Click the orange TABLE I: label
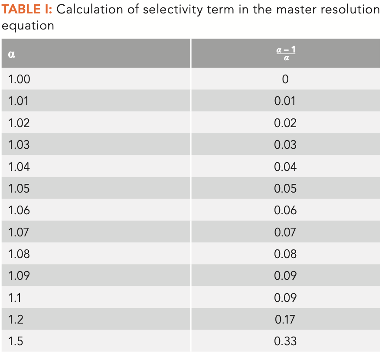click(x=27, y=10)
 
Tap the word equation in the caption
click(x=28, y=26)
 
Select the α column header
click(x=12, y=54)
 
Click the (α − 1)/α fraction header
click(x=286, y=54)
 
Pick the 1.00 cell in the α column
click(x=19, y=79)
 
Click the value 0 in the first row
click(x=285, y=79)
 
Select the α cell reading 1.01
click(x=19, y=101)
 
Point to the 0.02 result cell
click(x=285, y=123)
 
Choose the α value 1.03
click(x=19, y=145)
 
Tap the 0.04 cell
click(x=285, y=167)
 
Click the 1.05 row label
click(x=19, y=189)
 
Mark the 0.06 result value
click(x=285, y=210)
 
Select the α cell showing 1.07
click(x=19, y=232)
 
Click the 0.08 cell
click(x=285, y=254)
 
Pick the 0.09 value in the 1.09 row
click(x=285, y=276)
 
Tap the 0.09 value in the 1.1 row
click(x=285, y=298)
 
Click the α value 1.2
click(x=15, y=320)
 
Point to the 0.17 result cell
click(x=285, y=320)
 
